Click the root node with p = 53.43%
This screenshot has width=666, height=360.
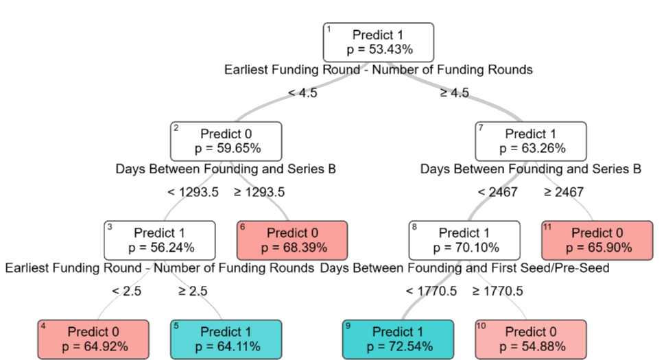pos(379,42)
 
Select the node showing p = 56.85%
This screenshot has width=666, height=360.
pos(226,141)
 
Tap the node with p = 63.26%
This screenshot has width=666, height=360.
pos(531,141)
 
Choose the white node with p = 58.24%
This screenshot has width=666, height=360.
pos(159,240)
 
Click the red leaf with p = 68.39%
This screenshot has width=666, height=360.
pos(292,240)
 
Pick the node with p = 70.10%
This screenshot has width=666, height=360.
pos(464,240)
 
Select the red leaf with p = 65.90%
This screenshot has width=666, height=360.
pos(597,240)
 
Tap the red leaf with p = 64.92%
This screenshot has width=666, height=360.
pos(93,339)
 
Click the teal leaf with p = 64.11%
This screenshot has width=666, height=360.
pos(226,339)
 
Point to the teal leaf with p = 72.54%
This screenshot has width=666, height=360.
pos(398,339)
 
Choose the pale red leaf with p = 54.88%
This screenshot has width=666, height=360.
pos(531,339)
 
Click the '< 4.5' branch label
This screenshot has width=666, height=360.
pos(302,93)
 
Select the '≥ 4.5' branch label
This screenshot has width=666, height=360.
pos(454,93)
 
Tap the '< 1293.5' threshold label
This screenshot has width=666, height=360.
pos(193,192)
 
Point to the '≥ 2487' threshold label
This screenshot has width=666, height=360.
pos(564,192)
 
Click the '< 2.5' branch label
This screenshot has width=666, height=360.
pos(126,291)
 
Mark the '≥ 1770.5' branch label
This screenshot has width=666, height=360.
pos(497,291)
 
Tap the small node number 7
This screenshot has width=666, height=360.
pos(481,128)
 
